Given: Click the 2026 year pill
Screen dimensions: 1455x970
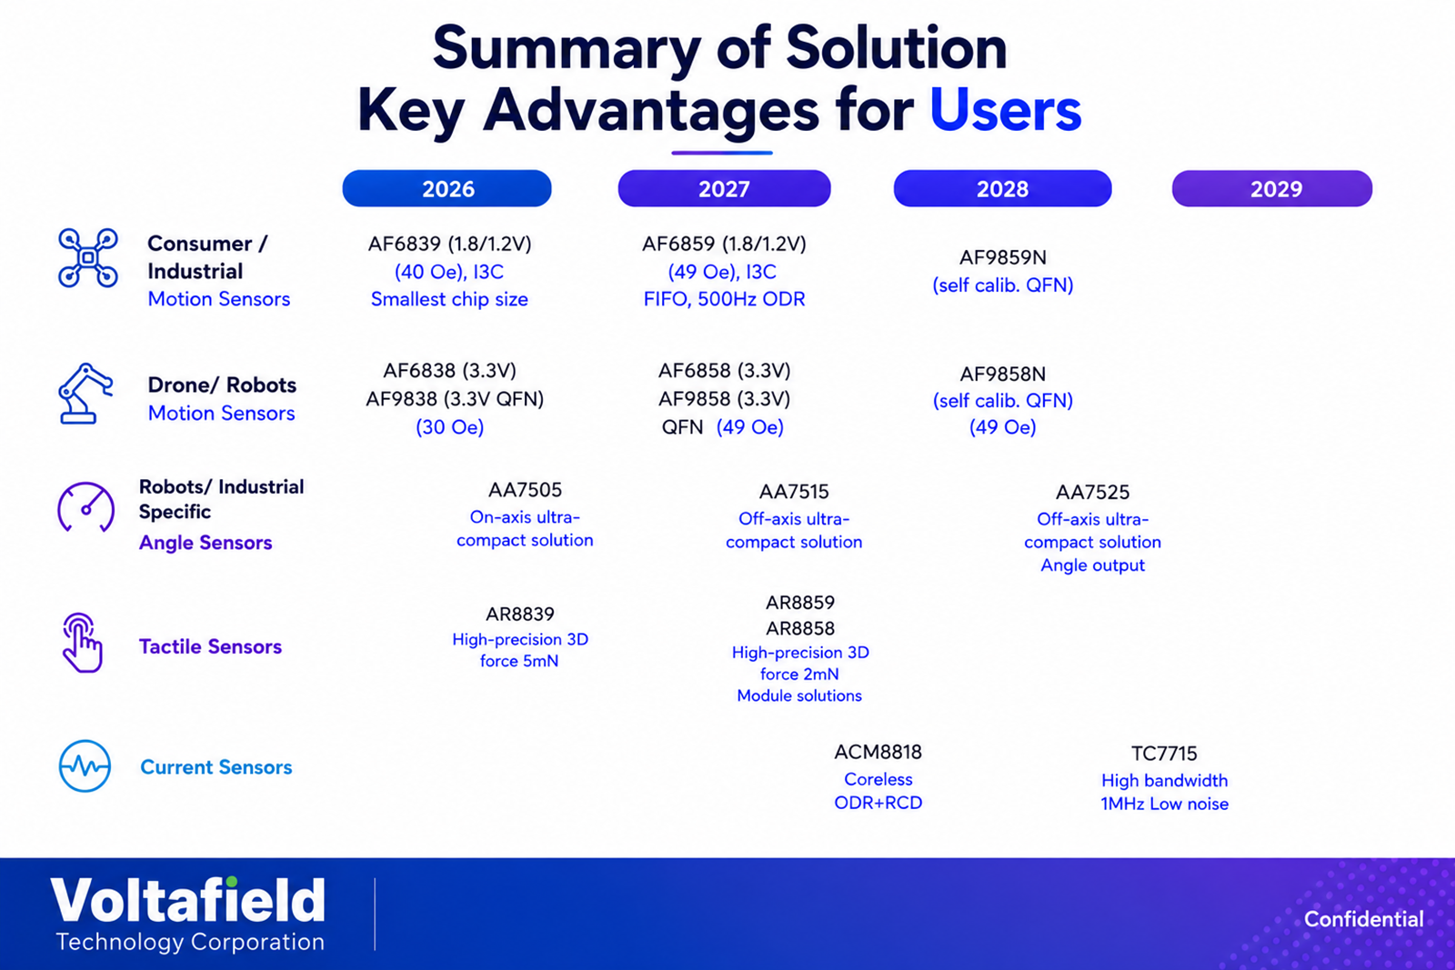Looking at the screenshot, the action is pos(447,188).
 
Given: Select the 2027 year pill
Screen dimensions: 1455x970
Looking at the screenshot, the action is pos(724,188).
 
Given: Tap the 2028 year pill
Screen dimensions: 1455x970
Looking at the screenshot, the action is pos(1002,188).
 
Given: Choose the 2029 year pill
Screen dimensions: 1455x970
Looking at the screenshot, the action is pos(1272,188).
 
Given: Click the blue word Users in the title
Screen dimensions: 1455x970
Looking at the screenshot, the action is pos(1006,109).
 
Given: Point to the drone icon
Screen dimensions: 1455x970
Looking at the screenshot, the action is pos(87,258).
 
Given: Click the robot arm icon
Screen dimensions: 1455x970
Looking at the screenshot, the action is pos(85,394).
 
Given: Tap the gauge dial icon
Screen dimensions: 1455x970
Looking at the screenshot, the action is pos(85,507).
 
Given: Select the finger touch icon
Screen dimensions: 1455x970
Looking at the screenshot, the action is pos(82,643).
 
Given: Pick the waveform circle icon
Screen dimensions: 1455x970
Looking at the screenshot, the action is pos(85,766).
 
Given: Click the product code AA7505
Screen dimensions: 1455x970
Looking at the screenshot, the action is pos(525,489).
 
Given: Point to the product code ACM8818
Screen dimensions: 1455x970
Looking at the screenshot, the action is pos(878,752).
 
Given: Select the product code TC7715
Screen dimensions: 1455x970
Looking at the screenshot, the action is pos(1164,753).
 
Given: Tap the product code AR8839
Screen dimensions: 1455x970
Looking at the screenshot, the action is pos(519,614).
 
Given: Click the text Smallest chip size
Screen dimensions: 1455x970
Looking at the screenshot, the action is pos(449,299).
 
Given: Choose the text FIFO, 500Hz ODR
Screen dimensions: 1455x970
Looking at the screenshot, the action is pos(724,299).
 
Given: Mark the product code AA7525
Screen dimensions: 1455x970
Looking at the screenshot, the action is pos(1092,492).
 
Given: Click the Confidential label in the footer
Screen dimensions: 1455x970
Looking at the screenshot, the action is pos(1363,919).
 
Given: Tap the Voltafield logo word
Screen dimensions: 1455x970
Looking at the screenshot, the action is pos(187,900).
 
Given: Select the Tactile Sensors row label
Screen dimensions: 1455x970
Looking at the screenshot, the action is pos(210,646).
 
